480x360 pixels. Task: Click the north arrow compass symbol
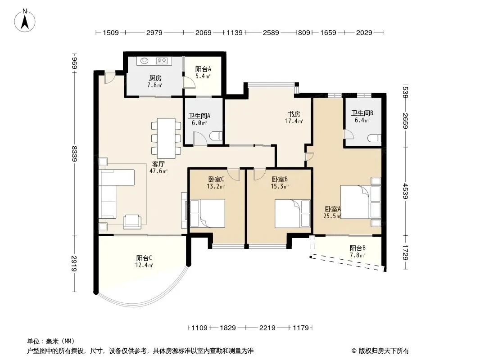point(25,21)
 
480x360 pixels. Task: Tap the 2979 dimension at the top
point(154,33)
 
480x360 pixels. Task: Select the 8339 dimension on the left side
point(74,154)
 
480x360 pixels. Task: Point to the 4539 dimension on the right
point(406,191)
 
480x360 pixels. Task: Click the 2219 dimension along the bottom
point(267,328)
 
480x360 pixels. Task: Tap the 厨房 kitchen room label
point(155,78)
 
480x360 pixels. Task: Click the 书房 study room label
point(294,114)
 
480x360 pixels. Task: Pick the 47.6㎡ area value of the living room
point(158,171)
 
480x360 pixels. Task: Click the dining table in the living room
point(166,138)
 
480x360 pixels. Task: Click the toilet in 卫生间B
point(374,138)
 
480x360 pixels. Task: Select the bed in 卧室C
point(207,213)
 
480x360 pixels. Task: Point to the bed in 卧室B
point(293,213)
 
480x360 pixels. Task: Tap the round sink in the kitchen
point(145,61)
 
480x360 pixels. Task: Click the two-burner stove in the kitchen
point(162,61)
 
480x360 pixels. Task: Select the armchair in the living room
point(132,222)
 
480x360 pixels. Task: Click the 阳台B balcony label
point(358,248)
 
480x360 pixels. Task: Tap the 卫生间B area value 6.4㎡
point(362,120)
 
